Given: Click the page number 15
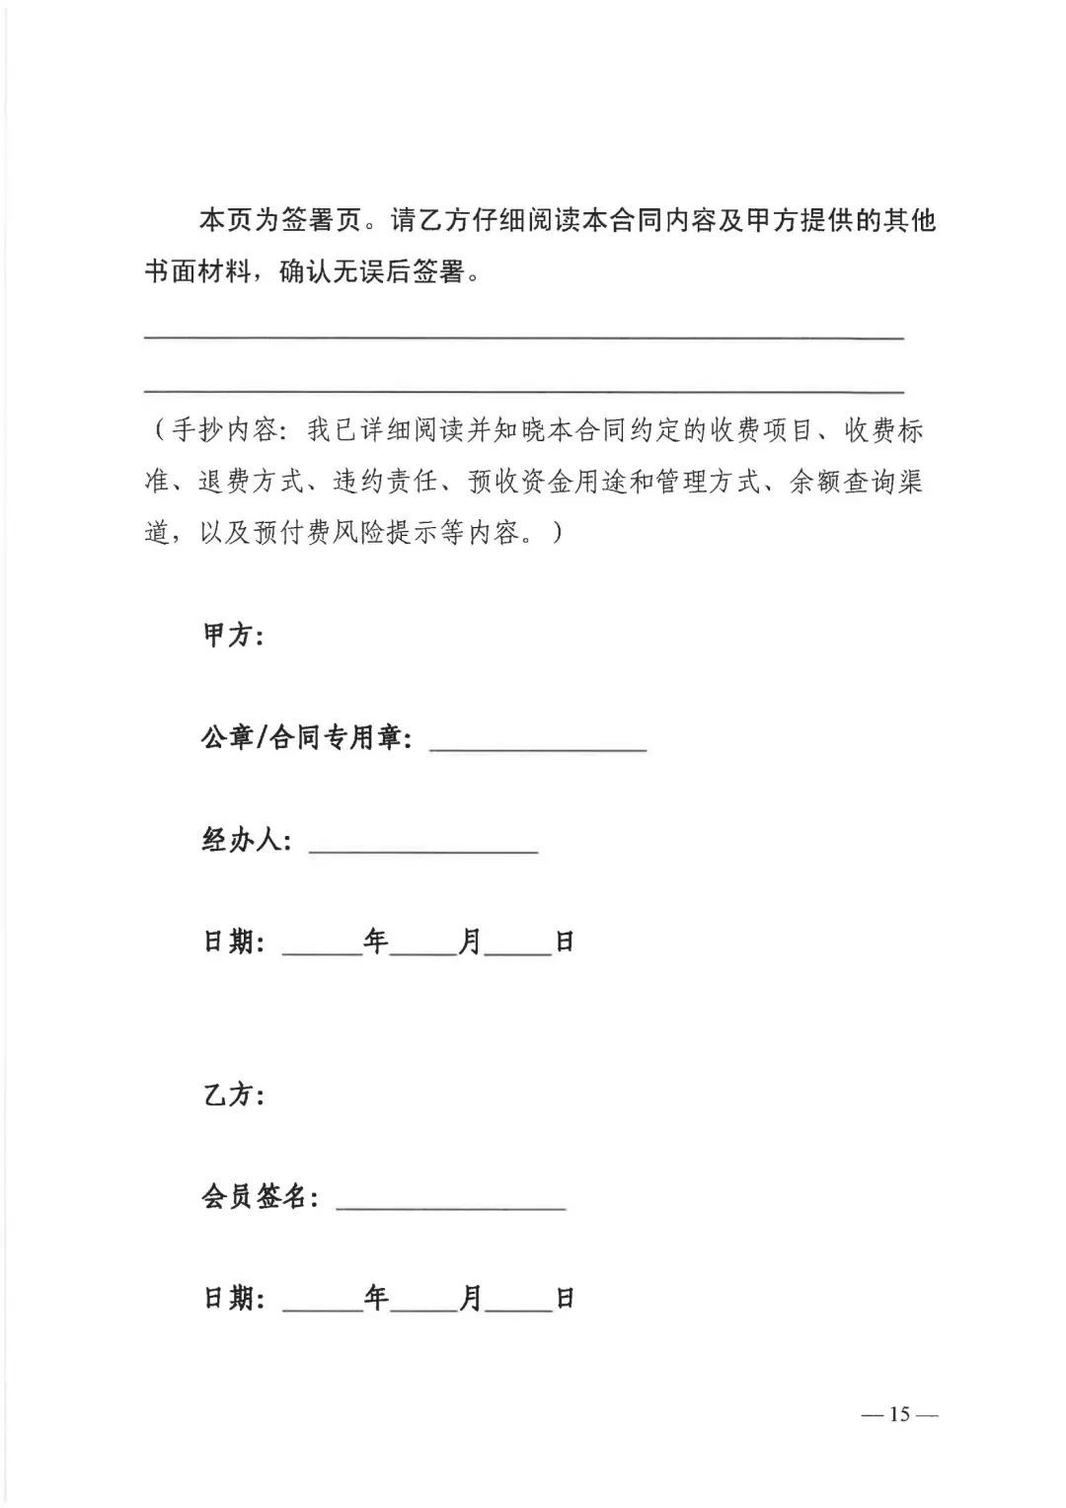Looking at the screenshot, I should pyautogui.click(x=898, y=1414).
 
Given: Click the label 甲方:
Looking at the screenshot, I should pyautogui.click(x=233, y=636).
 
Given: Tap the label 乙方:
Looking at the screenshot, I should pyautogui.click(x=233, y=1094).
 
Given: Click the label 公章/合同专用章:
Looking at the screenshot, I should pyautogui.click(x=307, y=737).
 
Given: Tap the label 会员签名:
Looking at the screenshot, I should pyautogui.click(x=261, y=1197).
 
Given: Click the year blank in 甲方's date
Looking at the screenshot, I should pyautogui.click(x=323, y=951).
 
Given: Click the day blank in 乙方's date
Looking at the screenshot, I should pyautogui.click(x=519, y=1308).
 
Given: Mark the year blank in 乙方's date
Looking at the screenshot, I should pyautogui.click(x=323, y=1308).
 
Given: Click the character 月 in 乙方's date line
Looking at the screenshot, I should pyautogui.click(x=472, y=1298).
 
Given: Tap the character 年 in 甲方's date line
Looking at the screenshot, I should pyautogui.click(x=376, y=942).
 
